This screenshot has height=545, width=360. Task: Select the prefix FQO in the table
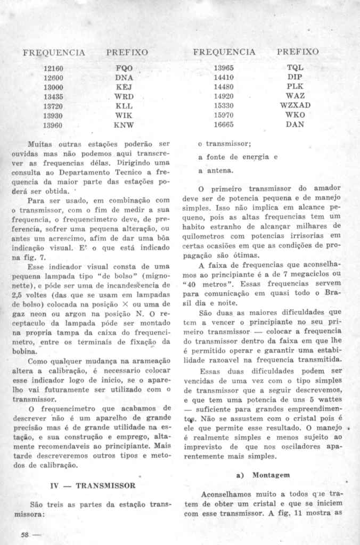click(x=124, y=69)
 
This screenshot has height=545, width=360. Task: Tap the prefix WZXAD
click(x=294, y=105)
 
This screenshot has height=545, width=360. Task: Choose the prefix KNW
click(x=124, y=126)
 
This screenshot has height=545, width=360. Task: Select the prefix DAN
click(x=294, y=125)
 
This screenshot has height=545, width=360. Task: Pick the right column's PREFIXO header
click(x=298, y=52)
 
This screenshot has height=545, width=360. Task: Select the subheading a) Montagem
click(x=266, y=474)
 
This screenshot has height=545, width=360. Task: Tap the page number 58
click(x=24, y=534)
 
